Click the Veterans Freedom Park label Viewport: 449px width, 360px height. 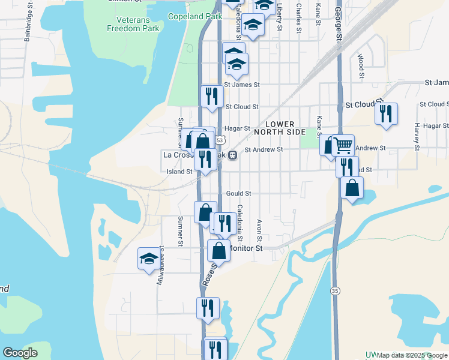click(133, 24)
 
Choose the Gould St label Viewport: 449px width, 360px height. click(238, 193)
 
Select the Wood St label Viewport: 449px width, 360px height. click(361, 66)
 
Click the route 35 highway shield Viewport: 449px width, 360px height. click(334, 290)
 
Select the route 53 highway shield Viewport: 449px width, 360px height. click(220, 140)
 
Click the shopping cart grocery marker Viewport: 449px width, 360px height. click(343, 145)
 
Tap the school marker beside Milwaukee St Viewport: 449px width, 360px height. click(149, 259)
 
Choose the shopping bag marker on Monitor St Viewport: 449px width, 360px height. click(218, 251)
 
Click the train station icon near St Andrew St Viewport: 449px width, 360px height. click(232, 155)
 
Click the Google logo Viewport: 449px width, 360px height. click(20, 353)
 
